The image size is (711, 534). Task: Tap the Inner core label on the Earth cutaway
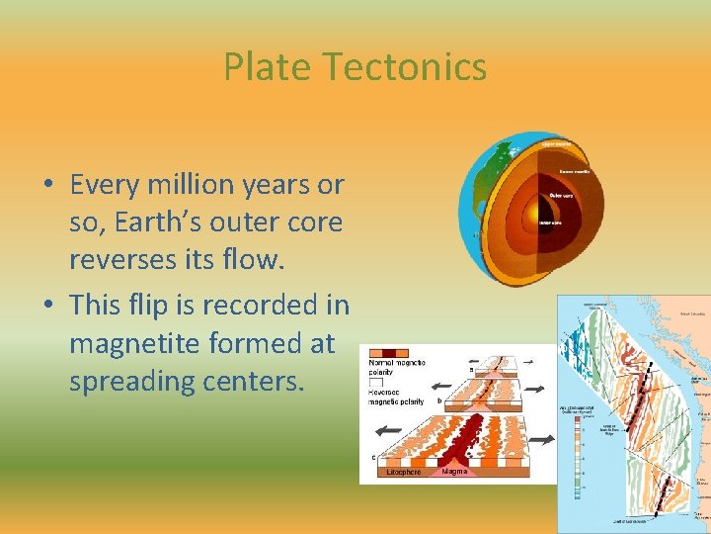(x=551, y=222)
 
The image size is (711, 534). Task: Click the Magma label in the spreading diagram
(x=454, y=472)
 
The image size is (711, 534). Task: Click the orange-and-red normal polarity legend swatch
(x=388, y=353)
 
